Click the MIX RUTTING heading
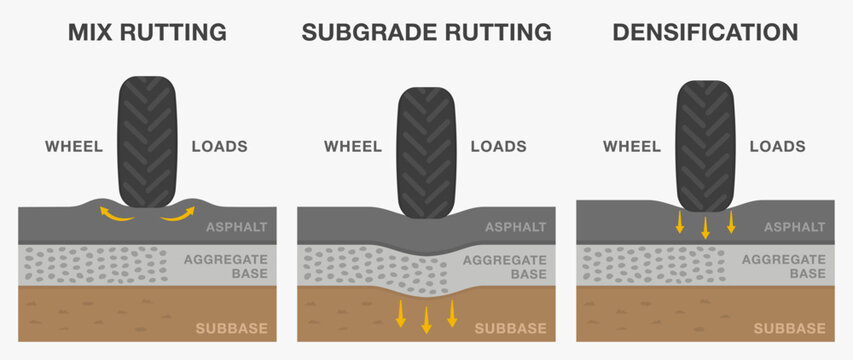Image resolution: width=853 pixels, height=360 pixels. pos(147,32)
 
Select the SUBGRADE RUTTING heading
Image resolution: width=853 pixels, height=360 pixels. pos(426,32)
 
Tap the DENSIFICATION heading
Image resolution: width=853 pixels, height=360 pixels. pos(705,32)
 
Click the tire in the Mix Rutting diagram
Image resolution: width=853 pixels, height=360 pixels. pos(147,139)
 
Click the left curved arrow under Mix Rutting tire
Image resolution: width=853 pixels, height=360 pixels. pos(112,213)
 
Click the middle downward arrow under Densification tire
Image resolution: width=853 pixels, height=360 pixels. pos(705,227)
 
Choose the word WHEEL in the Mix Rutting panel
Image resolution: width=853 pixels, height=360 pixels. pos(74,146)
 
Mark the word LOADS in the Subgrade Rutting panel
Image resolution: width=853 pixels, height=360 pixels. pos(498,146)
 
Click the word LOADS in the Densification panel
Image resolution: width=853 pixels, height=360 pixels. pos(777,146)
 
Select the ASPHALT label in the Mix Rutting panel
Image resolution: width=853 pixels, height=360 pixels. pos(236,227)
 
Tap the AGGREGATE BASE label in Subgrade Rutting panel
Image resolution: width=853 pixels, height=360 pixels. pos(506,266)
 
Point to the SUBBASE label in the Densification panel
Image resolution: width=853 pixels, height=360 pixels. pos(789,328)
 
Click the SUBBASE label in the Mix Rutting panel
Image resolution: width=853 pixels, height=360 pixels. pos(231,328)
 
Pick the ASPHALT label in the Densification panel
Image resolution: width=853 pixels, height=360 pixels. pos(794,227)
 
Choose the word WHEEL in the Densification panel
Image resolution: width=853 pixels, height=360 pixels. pos(632,146)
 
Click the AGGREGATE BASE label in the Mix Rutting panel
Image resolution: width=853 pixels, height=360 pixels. pos(227,266)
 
